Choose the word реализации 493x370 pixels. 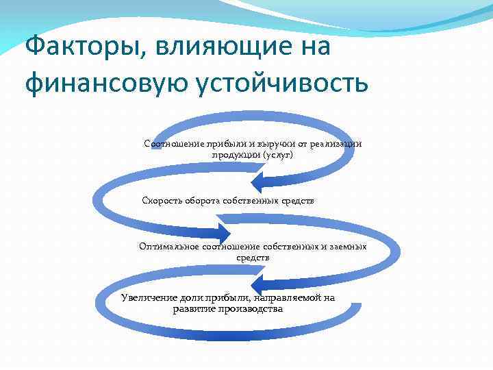336,144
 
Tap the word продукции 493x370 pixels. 235,155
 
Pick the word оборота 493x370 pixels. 205,200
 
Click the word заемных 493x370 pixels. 349,247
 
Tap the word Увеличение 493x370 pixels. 149,297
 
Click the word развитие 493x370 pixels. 195,308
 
